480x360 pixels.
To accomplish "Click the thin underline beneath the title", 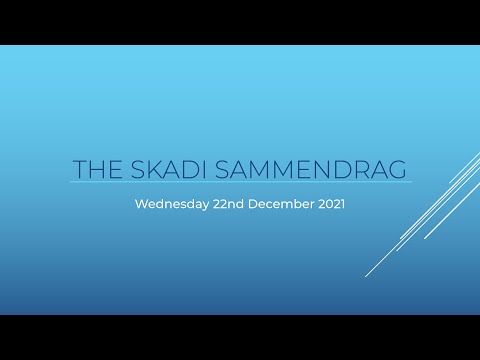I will (240, 182).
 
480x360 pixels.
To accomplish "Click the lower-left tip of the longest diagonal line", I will (366, 275).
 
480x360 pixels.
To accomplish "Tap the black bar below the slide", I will (240, 337).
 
